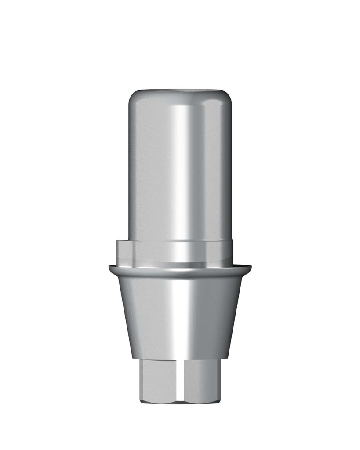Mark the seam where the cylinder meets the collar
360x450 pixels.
[x=180, y=241]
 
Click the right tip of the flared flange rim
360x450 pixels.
[x=251, y=267]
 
